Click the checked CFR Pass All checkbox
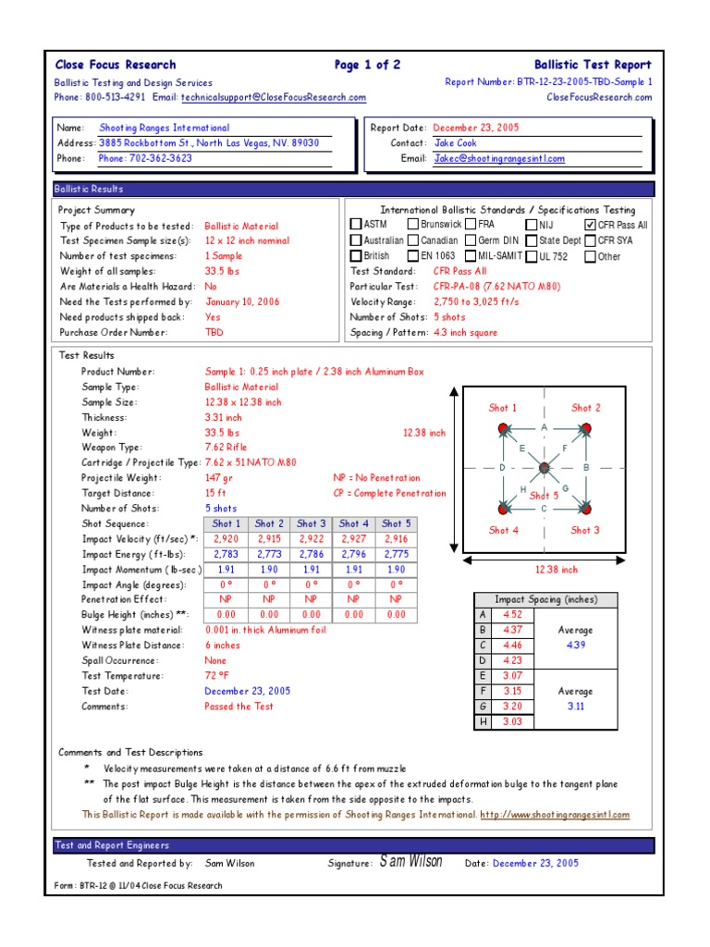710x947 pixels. (x=590, y=225)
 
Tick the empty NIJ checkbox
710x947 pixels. (x=532, y=225)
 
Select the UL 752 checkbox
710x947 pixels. (x=532, y=256)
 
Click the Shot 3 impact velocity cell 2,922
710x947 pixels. (x=312, y=538)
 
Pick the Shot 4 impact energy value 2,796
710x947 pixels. (x=354, y=554)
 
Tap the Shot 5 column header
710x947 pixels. (x=397, y=523)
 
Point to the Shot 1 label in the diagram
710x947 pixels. (x=503, y=408)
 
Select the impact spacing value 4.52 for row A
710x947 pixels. (x=512, y=615)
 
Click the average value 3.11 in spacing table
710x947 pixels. (x=576, y=706)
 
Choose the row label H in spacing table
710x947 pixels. (x=481, y=721)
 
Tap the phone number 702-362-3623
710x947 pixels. (x=145, y=158)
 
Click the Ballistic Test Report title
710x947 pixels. (x=593, y=65)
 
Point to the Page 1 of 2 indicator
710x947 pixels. (x=367, y=65)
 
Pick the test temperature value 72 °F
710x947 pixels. (x=217, y=676)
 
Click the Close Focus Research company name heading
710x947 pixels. (x=116, y=65)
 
